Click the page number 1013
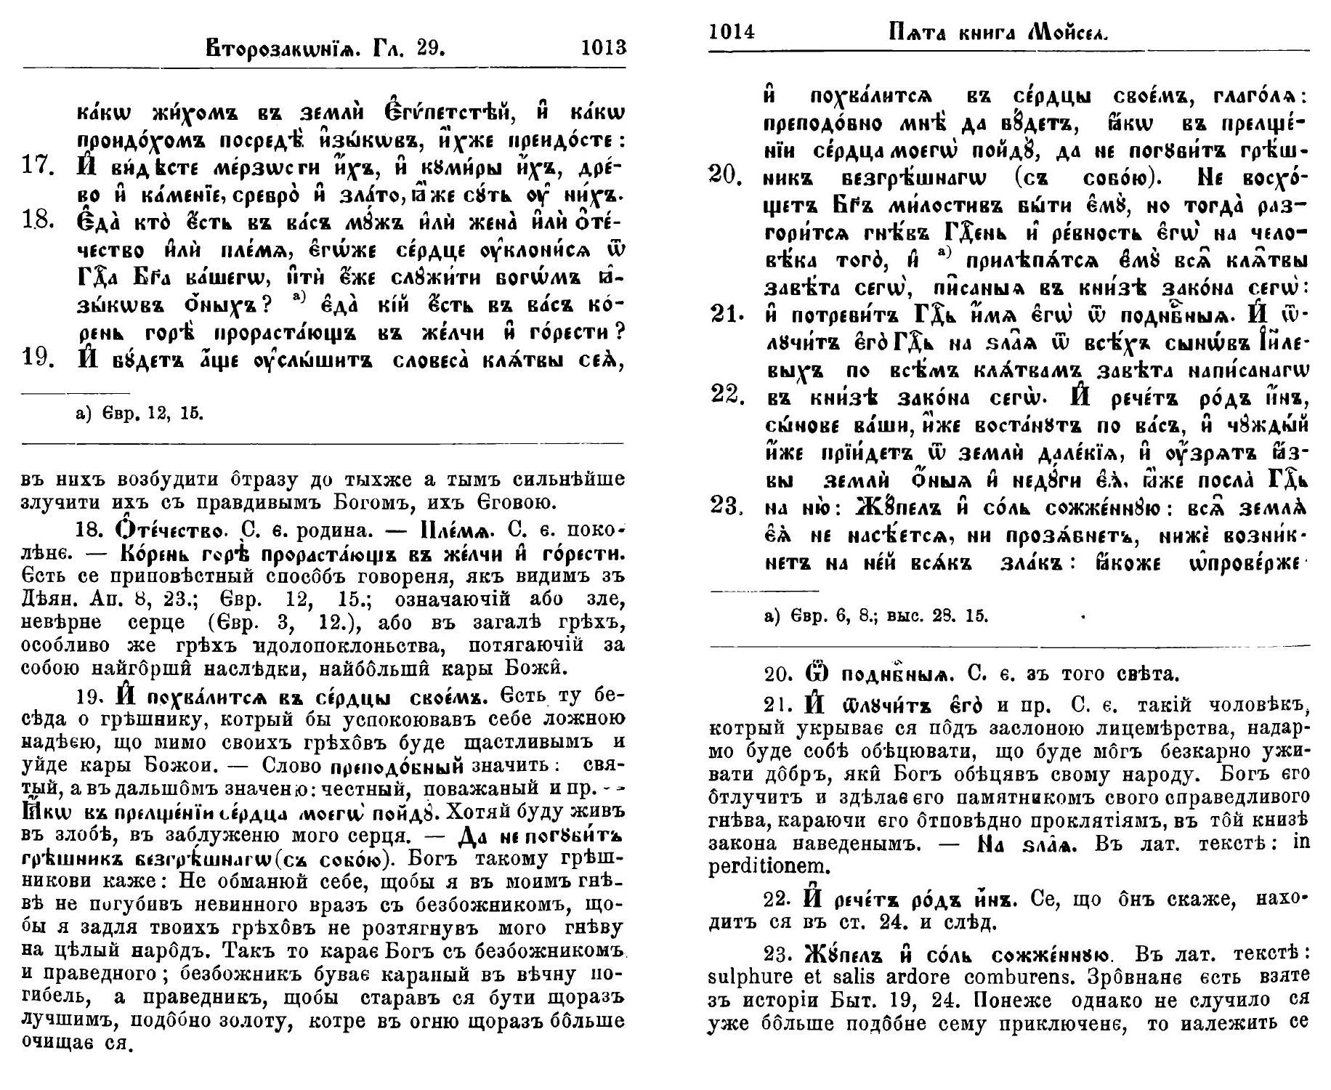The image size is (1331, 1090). click(603, 48)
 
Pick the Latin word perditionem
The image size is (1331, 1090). click(766, 866)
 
